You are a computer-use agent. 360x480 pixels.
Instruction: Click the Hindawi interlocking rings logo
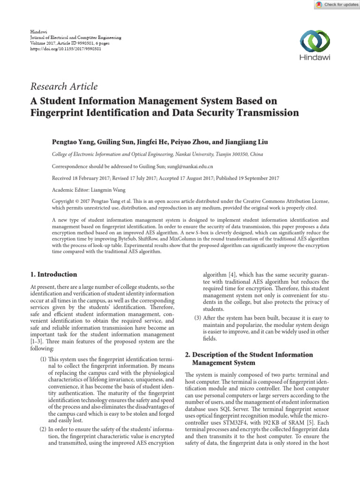coord(315,41)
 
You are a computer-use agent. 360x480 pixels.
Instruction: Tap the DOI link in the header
coord(66,48)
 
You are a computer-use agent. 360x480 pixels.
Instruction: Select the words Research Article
coord(64,86)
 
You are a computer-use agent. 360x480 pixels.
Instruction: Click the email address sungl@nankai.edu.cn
coord(190,166)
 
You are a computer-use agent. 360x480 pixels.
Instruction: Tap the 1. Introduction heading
coord(53,274)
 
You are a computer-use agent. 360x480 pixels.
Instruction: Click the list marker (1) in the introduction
coord(43,358)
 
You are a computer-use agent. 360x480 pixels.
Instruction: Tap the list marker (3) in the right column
coord(198,319)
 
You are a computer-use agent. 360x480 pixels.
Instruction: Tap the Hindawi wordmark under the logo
coord(315,58)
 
